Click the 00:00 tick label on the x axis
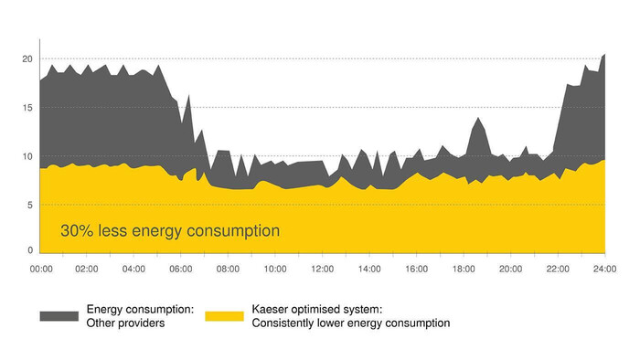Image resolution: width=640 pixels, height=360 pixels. [x=41, y=270]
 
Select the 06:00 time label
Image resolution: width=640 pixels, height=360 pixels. [x=181, y=270]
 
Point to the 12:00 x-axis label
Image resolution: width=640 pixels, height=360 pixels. [x=322, y=270]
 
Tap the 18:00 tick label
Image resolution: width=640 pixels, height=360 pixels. [x=464, y=270]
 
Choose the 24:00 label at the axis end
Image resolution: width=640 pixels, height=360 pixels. [x=604, y=270]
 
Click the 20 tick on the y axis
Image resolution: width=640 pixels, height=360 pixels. [x=27, y=58]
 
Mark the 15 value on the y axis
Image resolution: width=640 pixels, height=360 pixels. [x=27, y=107]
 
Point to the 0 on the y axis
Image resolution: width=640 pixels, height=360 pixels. [x=30, y=250]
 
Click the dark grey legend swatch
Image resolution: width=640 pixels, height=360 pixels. [x=59, y=316]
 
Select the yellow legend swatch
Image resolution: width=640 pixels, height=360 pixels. [x=224, y=316]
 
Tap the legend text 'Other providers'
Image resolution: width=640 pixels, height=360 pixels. [x=125, y=323]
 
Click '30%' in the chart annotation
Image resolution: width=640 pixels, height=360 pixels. [x=77, y=231]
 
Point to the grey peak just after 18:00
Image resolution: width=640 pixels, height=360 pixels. [x=477, y=118]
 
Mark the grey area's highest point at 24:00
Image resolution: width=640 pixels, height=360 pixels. [x=604, y=54]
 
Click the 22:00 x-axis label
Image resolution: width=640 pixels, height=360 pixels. [x=558, y=270]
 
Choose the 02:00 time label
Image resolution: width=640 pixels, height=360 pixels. [x=88, y=270]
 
